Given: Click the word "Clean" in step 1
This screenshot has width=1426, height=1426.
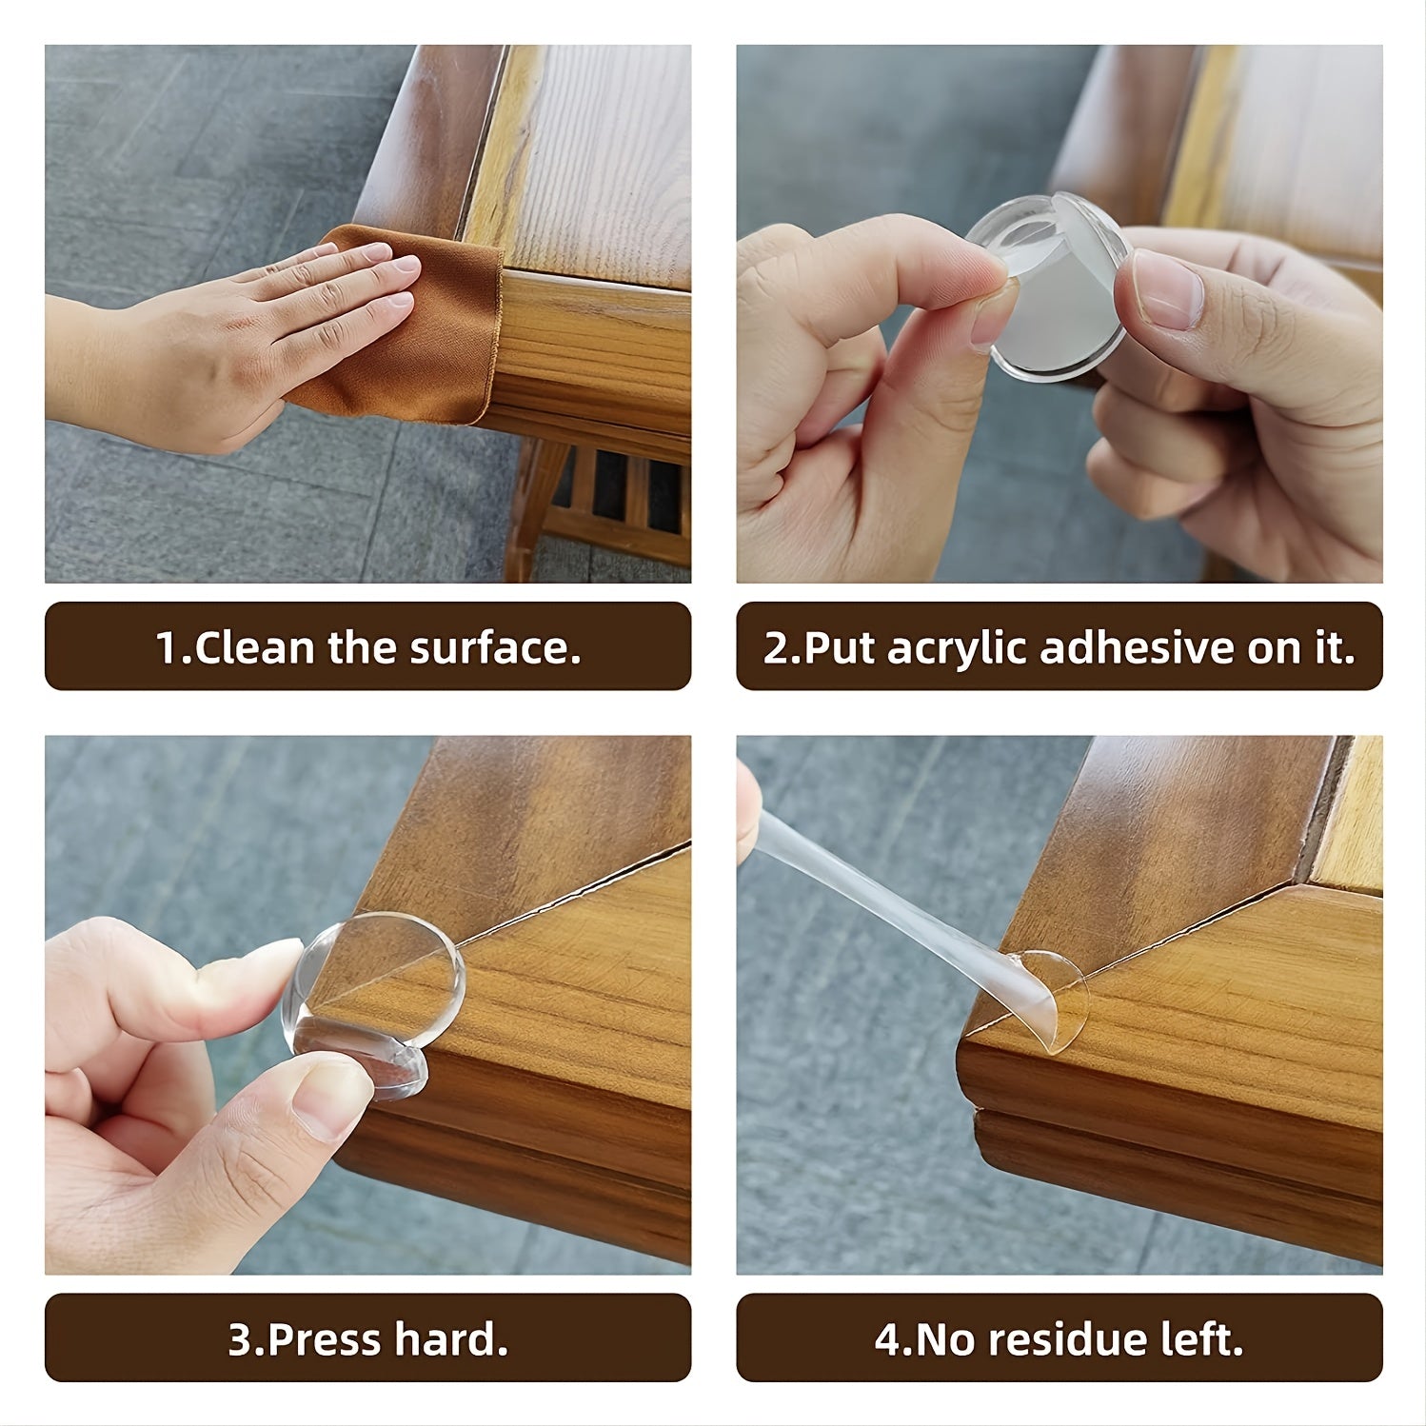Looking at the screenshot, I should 254,647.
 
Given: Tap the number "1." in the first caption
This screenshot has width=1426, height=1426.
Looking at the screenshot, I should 174,647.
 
